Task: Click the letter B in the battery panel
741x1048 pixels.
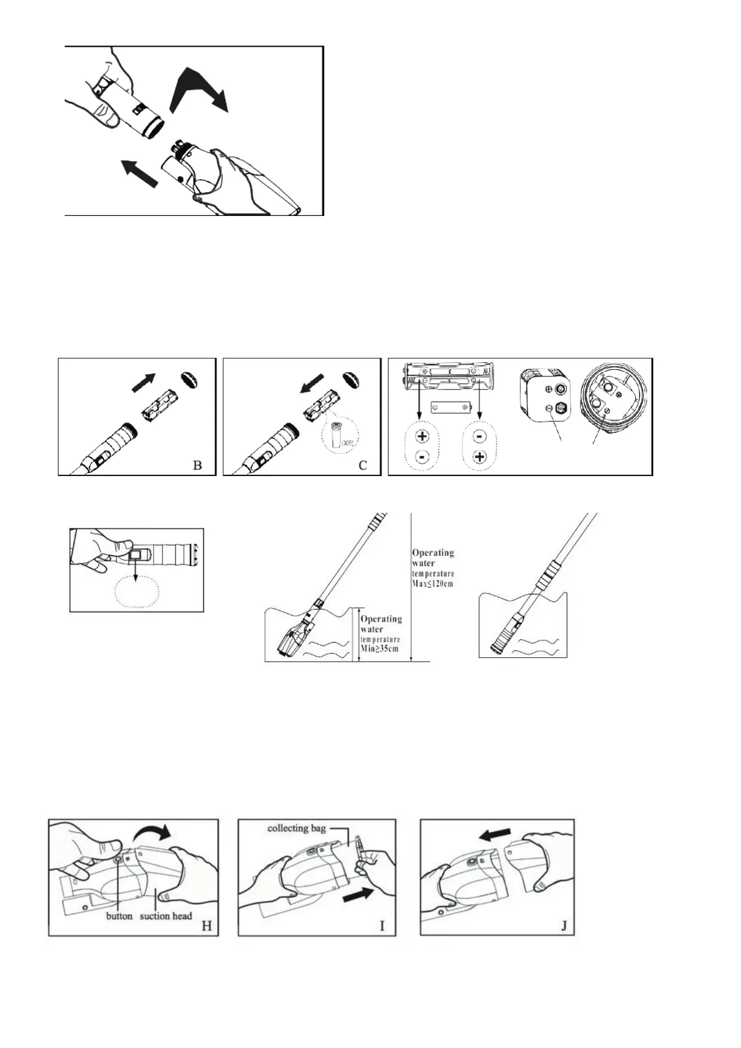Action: coord(198,465)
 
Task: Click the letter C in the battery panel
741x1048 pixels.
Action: coord(363,465)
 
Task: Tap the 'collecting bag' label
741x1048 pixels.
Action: coord(296,828)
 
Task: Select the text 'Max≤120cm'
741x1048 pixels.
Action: coord(433,584)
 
